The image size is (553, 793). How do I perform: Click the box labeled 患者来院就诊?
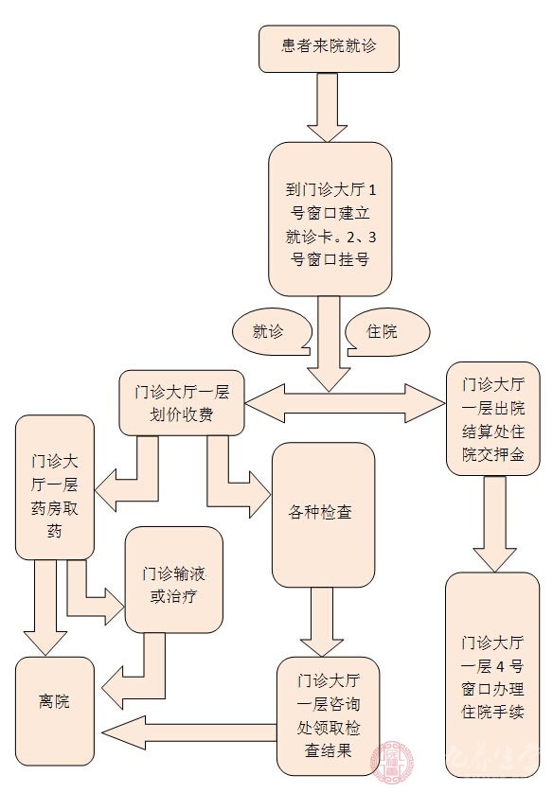pyautogui.click(x=329, y=48)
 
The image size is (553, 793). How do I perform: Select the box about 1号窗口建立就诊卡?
pyautogui.click(x=330, y=219)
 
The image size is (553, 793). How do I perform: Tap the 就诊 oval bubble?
pyautogui.click(x=272, y=332)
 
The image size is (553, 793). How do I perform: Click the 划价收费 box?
pyautogui.click(x=182, y=402)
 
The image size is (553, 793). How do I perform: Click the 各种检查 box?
pyautogui.click(x=323, y=514)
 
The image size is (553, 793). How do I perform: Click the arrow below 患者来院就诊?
pyautogui.click(x=329, y=105)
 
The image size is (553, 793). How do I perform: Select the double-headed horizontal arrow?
pyautogui.click(x=346, y=399)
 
